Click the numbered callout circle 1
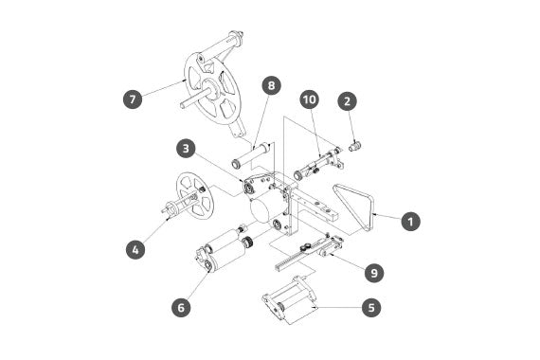point(411,221)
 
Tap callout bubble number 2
point(347,101)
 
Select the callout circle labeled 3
point(186,149)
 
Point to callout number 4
point(135,249)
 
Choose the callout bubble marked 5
point(371,307)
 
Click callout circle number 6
point(182,307)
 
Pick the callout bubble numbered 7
point(133,99)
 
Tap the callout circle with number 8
point(271,85)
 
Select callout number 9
point(374,273)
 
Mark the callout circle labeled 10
point(310,99)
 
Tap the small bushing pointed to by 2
point(354,147)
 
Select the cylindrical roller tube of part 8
point(251,155)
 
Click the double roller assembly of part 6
point(222,251)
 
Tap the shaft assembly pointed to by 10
point(318,164)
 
